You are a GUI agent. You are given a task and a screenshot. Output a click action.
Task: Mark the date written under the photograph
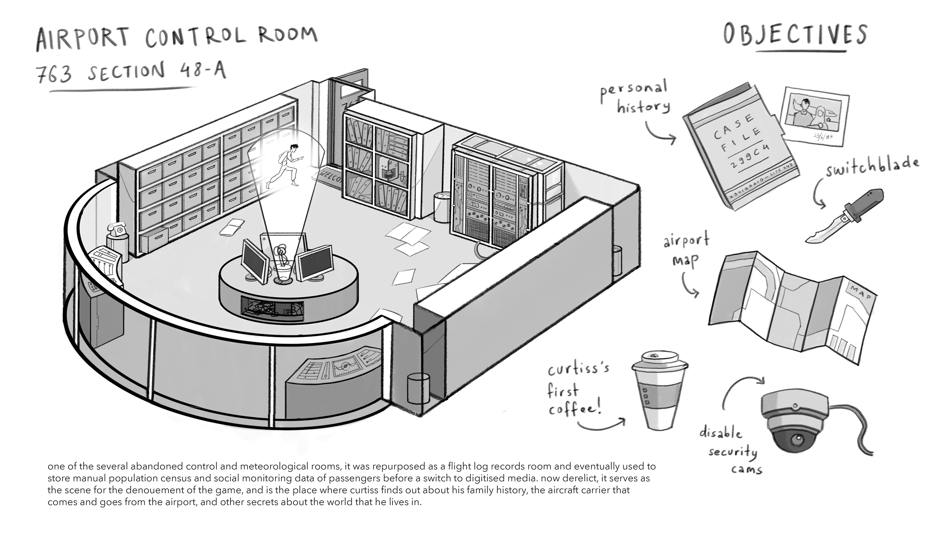tap(823, 136)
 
